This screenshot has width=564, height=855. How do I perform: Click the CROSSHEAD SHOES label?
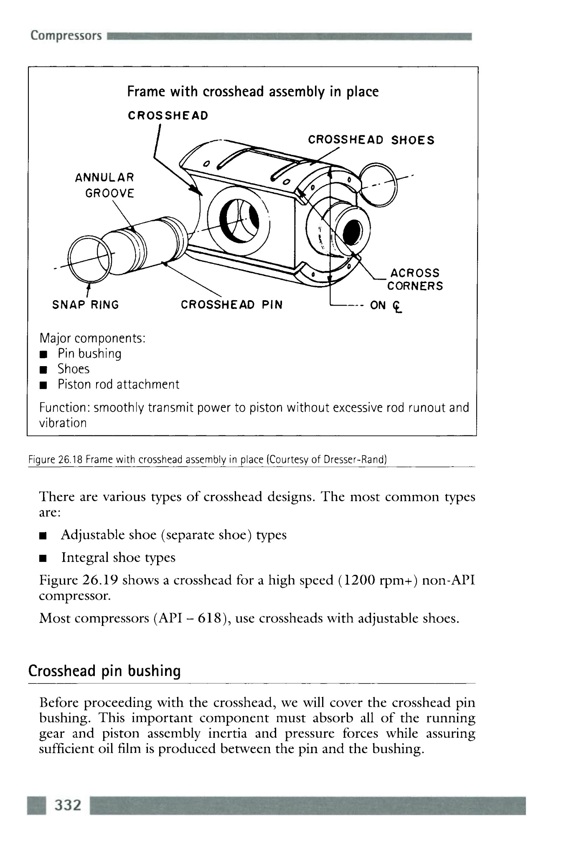tap(371, 140)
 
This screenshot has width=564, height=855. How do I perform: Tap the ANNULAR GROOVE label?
tap(105, 185)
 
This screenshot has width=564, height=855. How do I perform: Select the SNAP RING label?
tap(85, 305)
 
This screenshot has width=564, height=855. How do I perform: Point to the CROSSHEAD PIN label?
tap(231, 305)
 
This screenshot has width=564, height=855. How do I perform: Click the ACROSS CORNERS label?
tap(414, 279)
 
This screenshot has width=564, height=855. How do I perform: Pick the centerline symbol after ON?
tap(397, 306)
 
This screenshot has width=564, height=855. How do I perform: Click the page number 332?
tap(68, 804)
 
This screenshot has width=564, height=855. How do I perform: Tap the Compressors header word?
tap(66, 35)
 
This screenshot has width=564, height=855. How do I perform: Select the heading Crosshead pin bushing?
tap(104, 671)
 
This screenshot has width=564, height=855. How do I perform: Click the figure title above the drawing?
tap(253, 91)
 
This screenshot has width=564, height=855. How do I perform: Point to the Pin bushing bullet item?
tap(89, 354)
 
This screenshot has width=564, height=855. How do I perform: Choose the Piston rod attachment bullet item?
tap(118, 384)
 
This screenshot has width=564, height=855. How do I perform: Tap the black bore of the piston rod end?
tap(353, 232)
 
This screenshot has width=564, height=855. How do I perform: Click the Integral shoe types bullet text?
tap(118, 558)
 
